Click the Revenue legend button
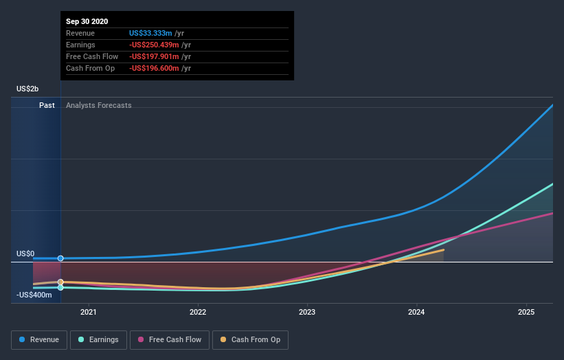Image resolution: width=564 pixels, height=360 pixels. point(40,339)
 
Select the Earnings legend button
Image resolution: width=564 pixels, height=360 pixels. point(98,339)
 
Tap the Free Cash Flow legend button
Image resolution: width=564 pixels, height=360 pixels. point(169,339)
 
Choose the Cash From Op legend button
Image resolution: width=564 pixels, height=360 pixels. point(251,339)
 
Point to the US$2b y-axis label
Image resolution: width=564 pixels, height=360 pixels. point(27,89)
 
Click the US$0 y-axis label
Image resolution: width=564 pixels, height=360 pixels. point(25,254)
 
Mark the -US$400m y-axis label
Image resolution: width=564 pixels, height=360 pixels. point(34,295)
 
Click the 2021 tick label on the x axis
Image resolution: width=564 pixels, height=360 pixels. point(88,312)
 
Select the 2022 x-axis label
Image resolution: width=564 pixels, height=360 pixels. point(198,312)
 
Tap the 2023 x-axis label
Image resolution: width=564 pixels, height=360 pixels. point(307,312)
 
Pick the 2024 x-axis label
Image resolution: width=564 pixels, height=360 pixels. point(417,312)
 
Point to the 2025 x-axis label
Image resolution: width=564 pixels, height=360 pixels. point(526,312)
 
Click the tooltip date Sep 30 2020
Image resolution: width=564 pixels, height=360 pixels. point(87,22)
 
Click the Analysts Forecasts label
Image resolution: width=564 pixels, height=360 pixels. point(99,105)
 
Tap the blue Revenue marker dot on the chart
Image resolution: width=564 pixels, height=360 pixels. point(60,258)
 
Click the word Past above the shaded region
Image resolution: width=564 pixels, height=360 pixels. point(47,105)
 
